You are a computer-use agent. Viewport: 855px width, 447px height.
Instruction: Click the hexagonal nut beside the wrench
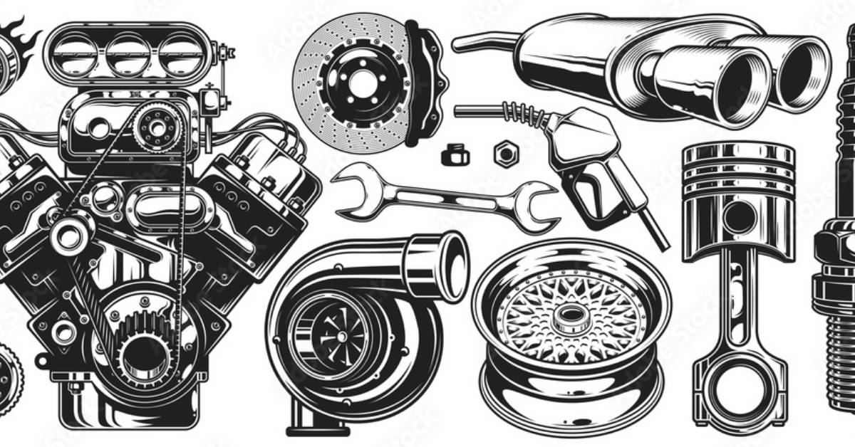505,153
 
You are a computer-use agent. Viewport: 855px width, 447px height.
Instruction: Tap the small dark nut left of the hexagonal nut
455,154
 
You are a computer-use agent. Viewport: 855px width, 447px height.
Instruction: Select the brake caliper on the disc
426,84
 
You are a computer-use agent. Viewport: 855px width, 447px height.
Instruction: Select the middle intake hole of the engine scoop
128,55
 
